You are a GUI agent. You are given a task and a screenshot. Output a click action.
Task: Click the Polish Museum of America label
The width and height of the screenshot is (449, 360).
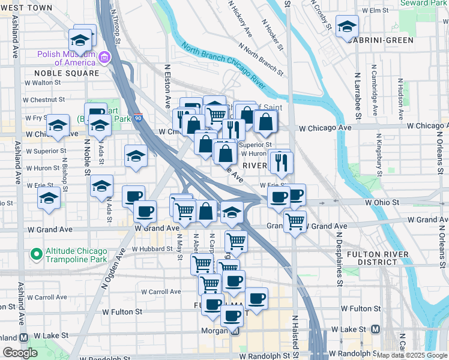tap(66, 57)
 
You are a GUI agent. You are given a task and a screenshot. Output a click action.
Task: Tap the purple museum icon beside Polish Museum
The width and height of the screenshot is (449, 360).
tap(105, 57)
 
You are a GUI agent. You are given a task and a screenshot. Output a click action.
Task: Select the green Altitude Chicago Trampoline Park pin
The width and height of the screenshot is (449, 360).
tap(36, 254)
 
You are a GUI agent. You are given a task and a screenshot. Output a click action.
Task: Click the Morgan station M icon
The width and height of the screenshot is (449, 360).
tap(235, 331)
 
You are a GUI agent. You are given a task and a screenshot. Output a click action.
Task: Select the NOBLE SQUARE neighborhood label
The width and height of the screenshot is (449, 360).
tap(62, 73)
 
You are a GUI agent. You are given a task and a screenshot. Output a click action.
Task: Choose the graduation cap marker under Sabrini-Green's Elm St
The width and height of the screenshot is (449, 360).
tap(347, 26)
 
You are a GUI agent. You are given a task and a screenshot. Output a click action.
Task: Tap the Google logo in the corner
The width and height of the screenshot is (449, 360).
tap(20, 353)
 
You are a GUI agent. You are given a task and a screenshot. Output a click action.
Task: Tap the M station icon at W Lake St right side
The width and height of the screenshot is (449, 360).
tap(376, 329)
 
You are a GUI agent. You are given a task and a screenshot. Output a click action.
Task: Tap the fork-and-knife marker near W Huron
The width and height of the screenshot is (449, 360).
tap(280, 160)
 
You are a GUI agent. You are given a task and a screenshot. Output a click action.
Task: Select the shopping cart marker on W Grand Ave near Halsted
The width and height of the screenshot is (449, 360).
tap(295, 221)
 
